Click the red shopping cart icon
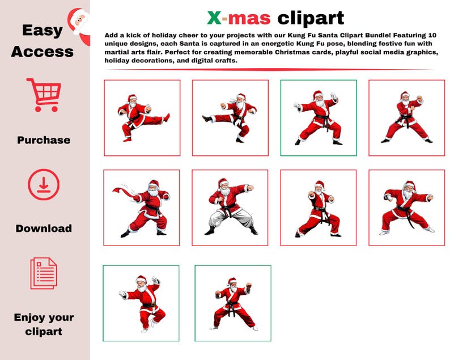pos(43,95)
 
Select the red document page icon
pos(44,273)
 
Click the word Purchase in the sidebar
pos(44,140)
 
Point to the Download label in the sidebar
pos(44,228)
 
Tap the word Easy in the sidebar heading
pos(42,30)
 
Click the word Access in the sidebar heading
pos(42,52)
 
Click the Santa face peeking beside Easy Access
pos(79,23)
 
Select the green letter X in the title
pos(214,18)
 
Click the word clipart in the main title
pos(311,18)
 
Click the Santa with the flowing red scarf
pos(142,208)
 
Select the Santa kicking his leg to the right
pos(142,117)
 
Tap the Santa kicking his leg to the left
pos(230,117)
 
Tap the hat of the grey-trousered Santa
pos(223,182)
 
